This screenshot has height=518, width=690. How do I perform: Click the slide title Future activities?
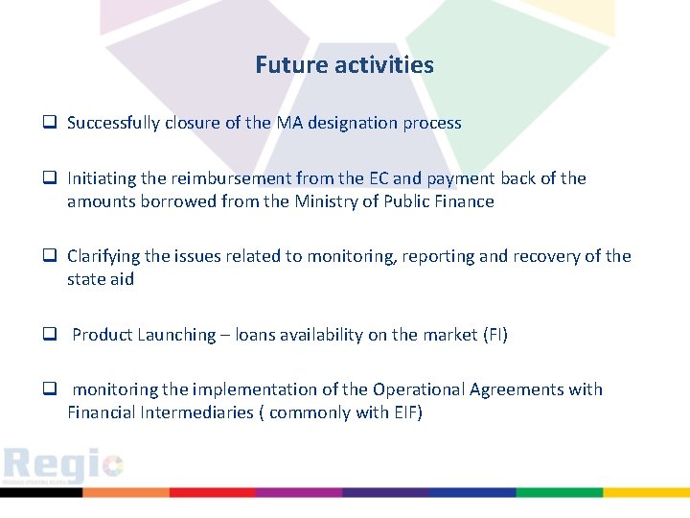(344, 65)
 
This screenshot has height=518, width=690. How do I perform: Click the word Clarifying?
(103, 256)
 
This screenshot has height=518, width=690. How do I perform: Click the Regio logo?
(63, 465)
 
